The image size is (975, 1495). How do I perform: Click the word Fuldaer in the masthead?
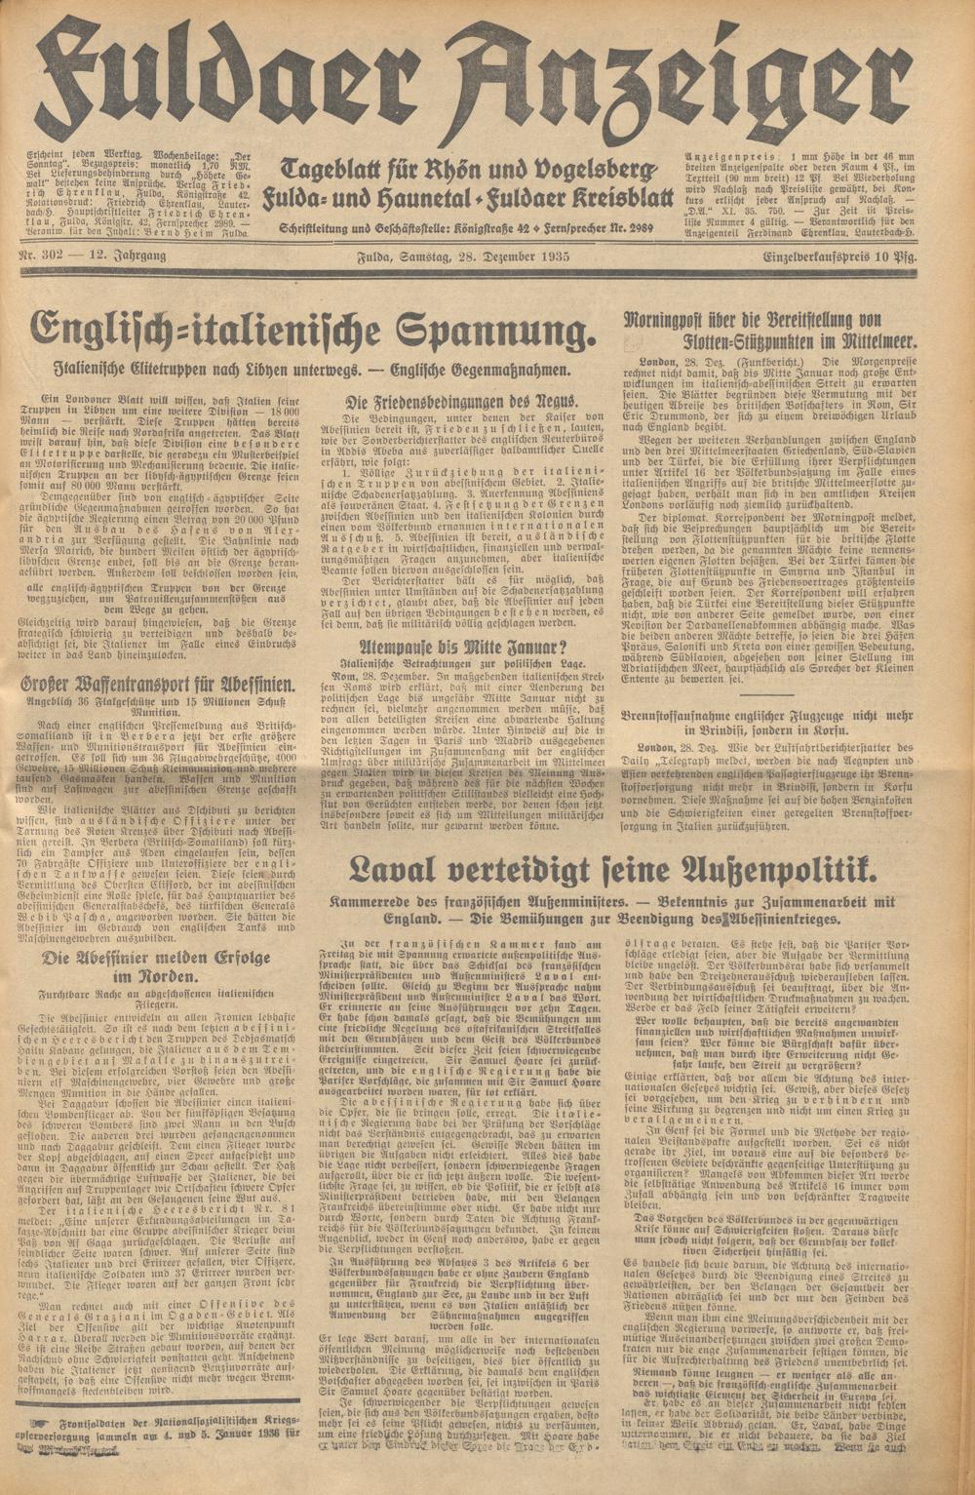[x=244, y=78]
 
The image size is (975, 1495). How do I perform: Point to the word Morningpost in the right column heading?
[x=674, y=321]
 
